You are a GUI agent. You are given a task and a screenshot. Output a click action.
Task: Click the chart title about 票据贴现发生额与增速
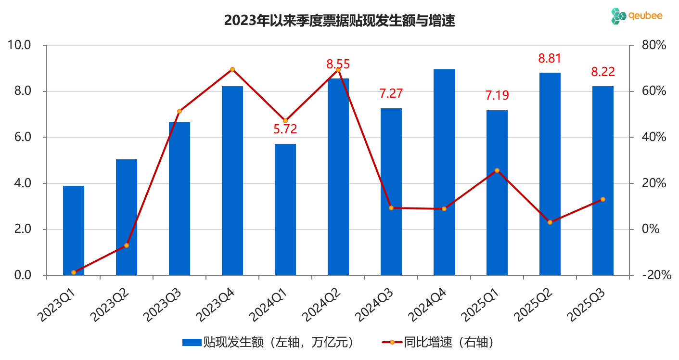339,21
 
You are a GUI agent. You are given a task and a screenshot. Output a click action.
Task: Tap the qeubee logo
637,16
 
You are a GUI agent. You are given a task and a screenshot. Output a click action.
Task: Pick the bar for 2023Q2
127,217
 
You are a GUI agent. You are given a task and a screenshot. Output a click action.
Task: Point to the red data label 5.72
285,129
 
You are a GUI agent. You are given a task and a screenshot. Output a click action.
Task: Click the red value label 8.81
550,59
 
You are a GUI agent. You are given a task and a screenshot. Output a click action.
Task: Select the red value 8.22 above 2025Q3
603,72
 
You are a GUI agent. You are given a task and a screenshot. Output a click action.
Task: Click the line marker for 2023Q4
232,69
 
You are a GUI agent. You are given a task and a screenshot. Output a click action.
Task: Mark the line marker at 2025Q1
497,170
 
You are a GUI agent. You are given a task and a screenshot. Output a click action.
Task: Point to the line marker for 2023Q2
127,245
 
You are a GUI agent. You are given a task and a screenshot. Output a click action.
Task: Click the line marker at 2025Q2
550,222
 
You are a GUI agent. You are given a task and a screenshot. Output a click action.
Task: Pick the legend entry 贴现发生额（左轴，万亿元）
269,342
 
